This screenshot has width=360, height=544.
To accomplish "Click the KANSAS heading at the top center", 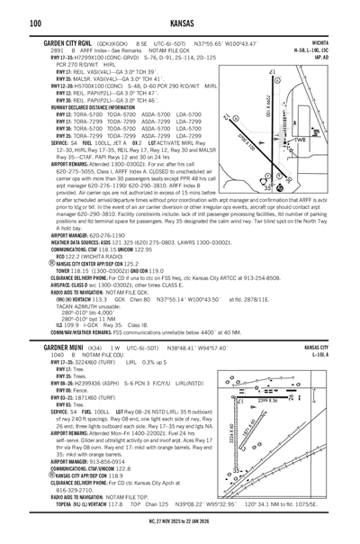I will click(x=180, y=23).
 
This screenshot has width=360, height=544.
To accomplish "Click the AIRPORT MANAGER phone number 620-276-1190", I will click(x=101, y=235).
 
